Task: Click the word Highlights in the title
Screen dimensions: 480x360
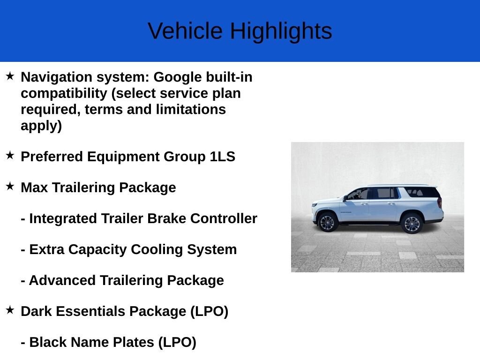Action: tap(281, 31)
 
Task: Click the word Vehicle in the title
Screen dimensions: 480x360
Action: tap(185, 30)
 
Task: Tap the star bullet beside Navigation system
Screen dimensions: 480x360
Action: tap(10, 76)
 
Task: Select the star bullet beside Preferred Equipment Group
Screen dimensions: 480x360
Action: tap(10, 155)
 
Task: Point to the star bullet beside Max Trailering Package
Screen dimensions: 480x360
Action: tap(10, 186)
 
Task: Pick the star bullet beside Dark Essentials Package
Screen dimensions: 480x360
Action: tap(10, 310)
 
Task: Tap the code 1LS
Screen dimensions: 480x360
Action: tap(223, 157)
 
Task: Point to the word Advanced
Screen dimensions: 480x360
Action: tap(62, 280)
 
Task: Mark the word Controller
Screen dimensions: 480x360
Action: tap(224, 218)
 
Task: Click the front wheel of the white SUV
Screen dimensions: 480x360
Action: tap(327, 222)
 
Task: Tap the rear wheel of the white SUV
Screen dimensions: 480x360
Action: tap(412, 224)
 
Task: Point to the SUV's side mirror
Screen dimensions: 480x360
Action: tap(345, 198)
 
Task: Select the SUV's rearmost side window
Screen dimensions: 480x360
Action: tap(421, 192)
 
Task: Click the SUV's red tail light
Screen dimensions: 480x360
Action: tap(440, 202)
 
